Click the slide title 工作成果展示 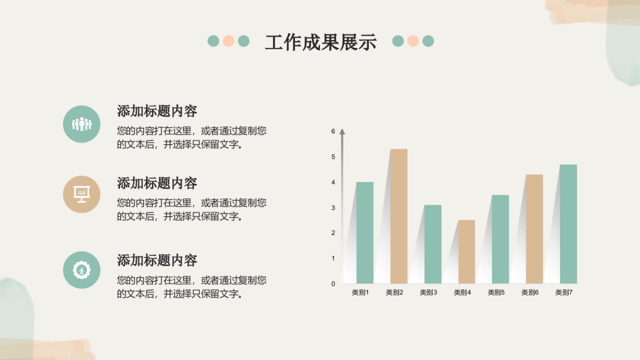[321, 42]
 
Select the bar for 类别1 [365, 233]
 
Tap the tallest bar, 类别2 [399, 216]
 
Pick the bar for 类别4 [467, 252]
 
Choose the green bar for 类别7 [569, 224]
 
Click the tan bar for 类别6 [534, 229]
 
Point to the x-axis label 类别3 [428, 292]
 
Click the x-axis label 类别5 [496, 292]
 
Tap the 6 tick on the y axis [333, 131]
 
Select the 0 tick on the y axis [333, 284]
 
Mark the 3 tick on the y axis [333, 207]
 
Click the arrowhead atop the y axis [342, 131]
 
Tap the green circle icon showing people [82, 124]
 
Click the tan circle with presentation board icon [82, 194]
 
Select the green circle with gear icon [82, 270]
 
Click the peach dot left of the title [229, 41]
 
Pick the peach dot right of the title [413, 41]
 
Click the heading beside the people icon [157, 111]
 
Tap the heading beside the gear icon [157, 260]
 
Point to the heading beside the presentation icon [157, 183]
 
